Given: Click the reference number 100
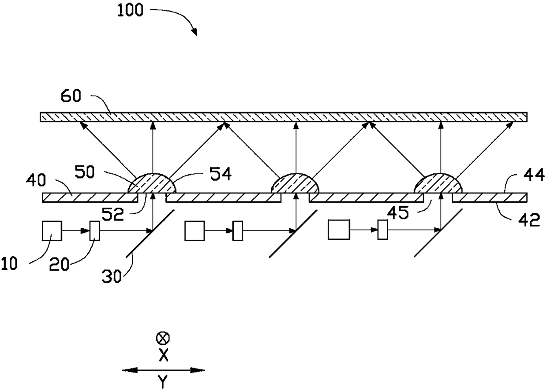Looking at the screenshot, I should coord(130,10).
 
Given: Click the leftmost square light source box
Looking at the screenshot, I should coord(52,231).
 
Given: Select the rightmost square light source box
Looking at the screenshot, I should coord(338,231).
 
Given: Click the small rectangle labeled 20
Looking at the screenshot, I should coord(94,231).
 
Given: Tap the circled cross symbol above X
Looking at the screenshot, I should coord(163,339).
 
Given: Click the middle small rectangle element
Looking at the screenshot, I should coord(238,231).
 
